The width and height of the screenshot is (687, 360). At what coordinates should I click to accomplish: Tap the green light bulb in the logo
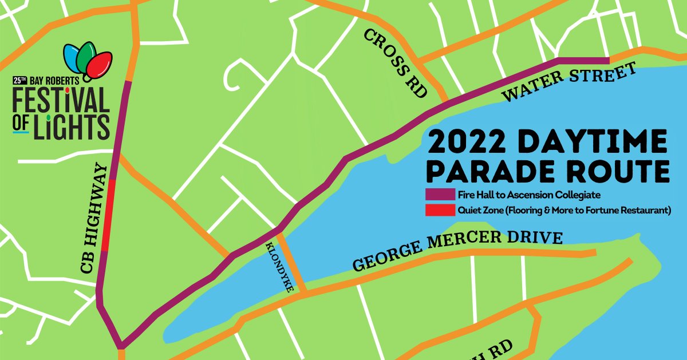click(87, 56)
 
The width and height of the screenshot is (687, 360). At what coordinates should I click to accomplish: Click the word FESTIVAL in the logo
click(61, 101)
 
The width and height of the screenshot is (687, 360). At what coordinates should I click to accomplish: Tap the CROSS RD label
click(396, 63)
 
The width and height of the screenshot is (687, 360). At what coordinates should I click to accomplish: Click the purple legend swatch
click(439, 195)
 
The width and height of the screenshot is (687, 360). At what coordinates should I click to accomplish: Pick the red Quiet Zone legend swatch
click(439, 211)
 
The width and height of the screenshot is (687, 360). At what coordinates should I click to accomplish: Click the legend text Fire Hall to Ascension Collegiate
click(528, 195)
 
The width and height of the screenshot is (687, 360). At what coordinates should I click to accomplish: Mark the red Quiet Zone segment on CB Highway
click(106, 215)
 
